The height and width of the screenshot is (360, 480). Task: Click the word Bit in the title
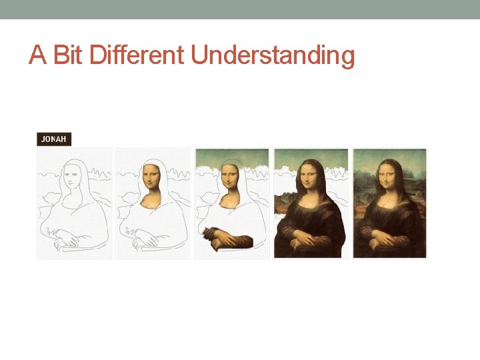click(x=69, y=56)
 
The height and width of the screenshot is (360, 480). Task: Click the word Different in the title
click(x=138, y=56)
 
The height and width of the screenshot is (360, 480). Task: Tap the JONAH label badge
click(x=53, y=139)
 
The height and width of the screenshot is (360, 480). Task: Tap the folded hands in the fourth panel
click(x=306, y=237)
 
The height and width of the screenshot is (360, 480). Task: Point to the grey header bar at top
click(x=240, y=9)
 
